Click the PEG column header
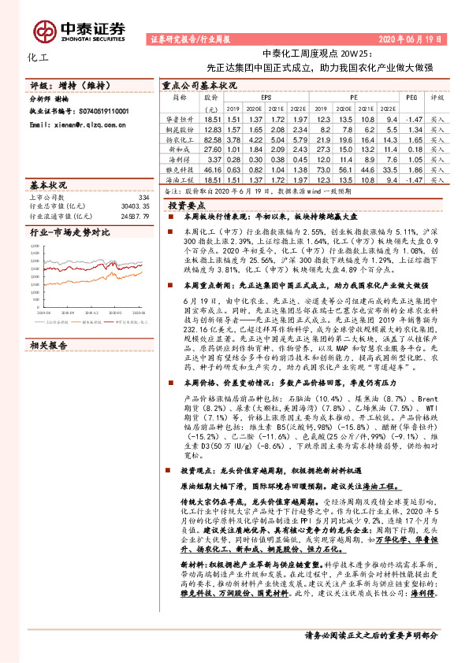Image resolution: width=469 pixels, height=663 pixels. tap(411, 97)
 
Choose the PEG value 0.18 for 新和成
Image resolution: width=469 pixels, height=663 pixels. tap(411, 148)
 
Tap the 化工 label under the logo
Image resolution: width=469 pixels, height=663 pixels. tap(38, 57)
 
